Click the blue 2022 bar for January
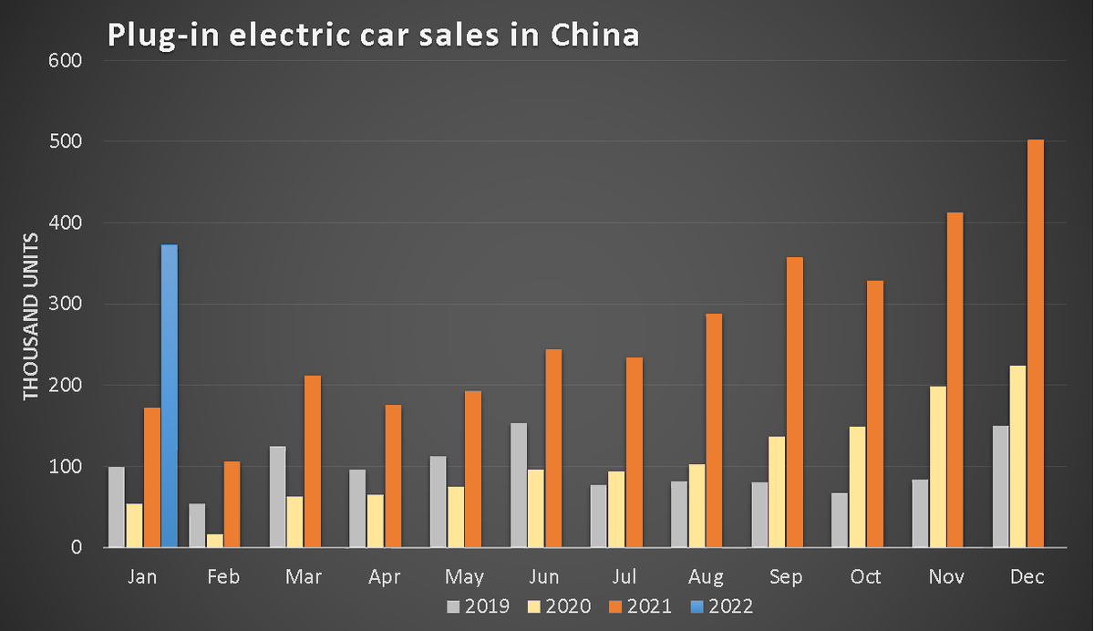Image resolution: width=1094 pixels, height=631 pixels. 170,396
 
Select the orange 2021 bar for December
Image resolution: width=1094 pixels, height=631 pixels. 1036,344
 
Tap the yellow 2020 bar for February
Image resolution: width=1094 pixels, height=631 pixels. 215,541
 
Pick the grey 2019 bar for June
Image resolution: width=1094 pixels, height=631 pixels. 519,485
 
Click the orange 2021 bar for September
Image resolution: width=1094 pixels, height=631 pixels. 795,402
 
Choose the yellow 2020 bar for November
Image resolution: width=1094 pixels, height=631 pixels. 938,467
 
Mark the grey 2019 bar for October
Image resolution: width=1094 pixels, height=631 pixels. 840,520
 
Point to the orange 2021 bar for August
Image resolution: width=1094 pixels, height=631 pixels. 714,430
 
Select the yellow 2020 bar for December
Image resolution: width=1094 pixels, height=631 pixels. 1017,456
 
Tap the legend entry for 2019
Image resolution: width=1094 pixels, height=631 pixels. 478,606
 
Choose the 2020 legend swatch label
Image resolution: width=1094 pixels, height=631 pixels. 559,606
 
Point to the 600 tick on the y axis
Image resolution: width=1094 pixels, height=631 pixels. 65,60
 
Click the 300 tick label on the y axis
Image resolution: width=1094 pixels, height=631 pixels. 65,304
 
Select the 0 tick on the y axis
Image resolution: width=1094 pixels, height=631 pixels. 77,547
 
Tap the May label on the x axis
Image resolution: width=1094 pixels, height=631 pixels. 464,578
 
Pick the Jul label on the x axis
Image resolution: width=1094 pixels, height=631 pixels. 624,577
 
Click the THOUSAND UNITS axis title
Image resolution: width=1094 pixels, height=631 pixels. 30,316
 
